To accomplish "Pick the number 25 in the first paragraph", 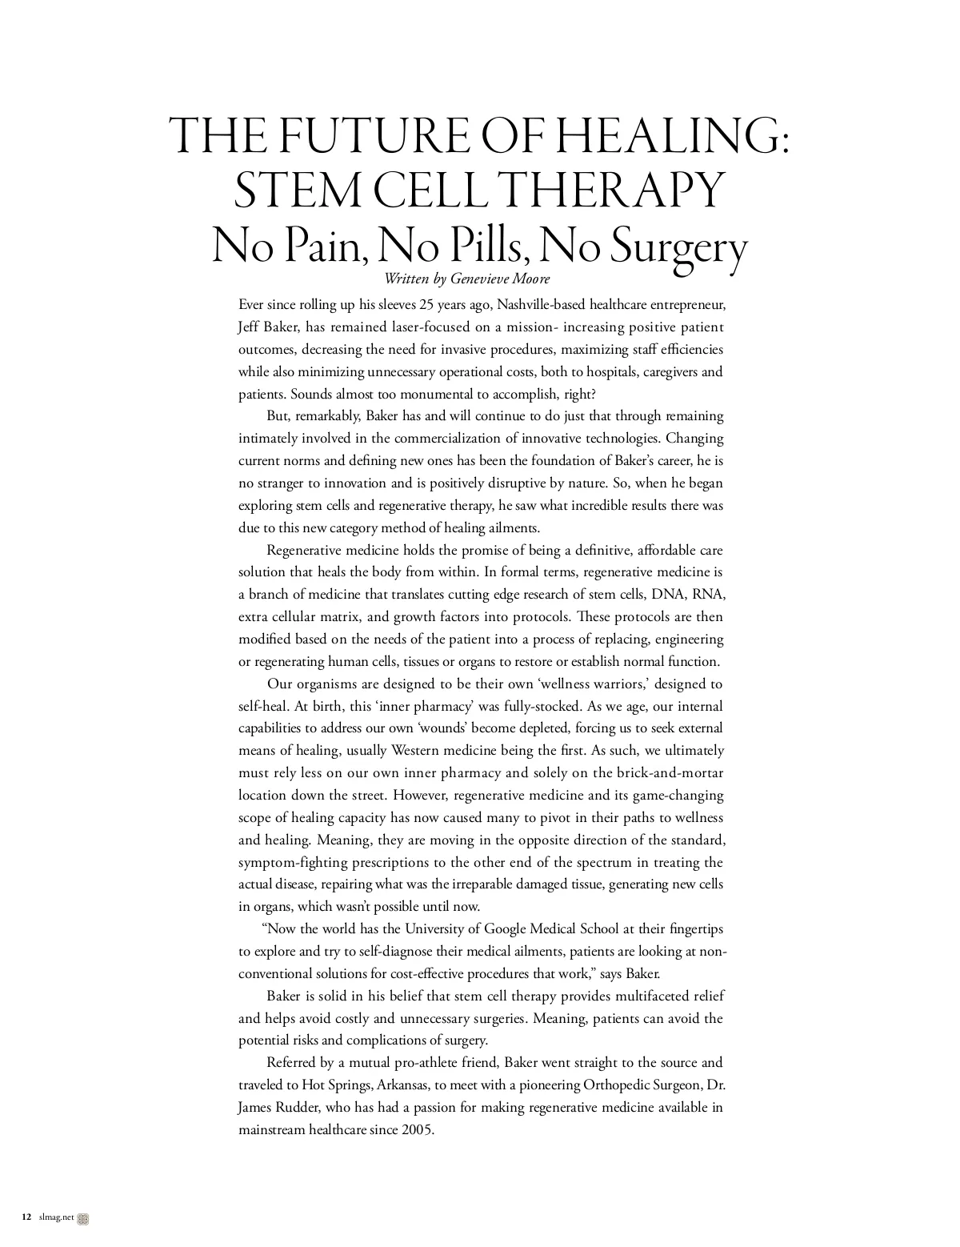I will point(428,305).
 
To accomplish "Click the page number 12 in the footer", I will point(27,1217).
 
